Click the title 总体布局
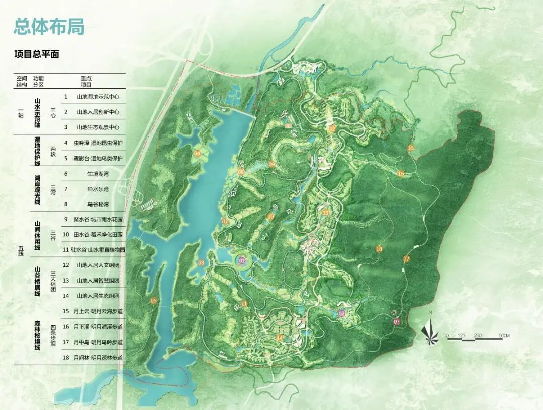[49, 26]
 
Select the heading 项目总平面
[37, 54]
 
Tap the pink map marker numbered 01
[242, 261]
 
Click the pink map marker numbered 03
[397, 321]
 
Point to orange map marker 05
[154, 300]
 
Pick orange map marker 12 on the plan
[332, 128]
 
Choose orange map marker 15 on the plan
[411, 148]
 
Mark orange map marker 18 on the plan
[379, 249]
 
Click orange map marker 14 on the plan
[280, 337]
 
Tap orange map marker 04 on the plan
[197, 153]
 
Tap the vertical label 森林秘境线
[37, 334]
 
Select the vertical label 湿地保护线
[37, 150]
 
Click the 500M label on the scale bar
[504, 335]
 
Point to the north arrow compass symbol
[430, 331]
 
